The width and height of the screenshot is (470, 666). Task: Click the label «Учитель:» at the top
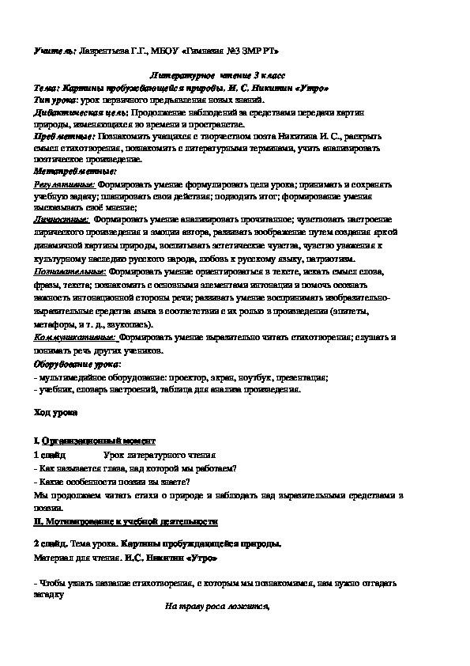pos(53,51)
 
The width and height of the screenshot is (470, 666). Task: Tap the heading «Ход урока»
pos(57,413)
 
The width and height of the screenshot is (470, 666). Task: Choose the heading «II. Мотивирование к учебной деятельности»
pos(126,522)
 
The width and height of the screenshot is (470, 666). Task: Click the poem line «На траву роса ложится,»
pos(217,607)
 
